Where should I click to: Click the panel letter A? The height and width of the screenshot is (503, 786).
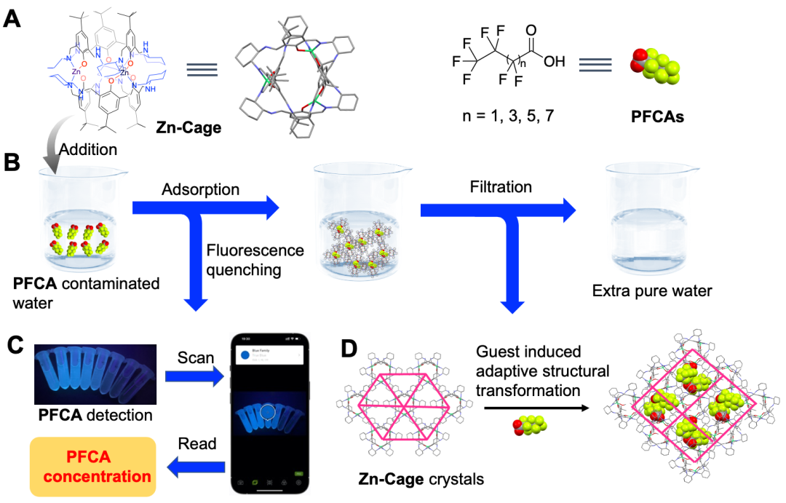tap(12, 18)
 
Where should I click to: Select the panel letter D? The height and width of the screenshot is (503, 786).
tap(349, 349)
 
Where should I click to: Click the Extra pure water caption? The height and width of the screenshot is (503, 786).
tap(652, 291)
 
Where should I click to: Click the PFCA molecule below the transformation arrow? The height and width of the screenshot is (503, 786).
tap(529, 425)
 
